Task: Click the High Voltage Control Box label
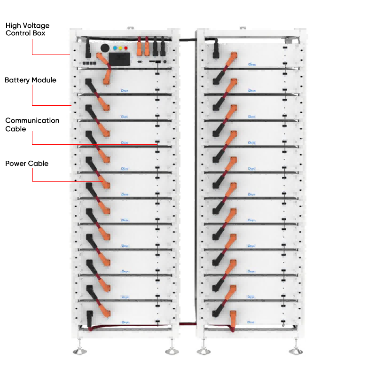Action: click(27, 29)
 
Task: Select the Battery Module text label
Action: click(31, 80)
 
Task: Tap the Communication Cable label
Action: click(32, 125)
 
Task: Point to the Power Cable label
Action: click(27, 164)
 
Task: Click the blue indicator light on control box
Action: click(115, 48)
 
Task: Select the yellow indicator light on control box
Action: click(121, 48)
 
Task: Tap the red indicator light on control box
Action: click(126, 48)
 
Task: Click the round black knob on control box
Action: click(105, 48)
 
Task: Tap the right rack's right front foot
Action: click(296, 351)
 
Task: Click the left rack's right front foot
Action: click(170, 351)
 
